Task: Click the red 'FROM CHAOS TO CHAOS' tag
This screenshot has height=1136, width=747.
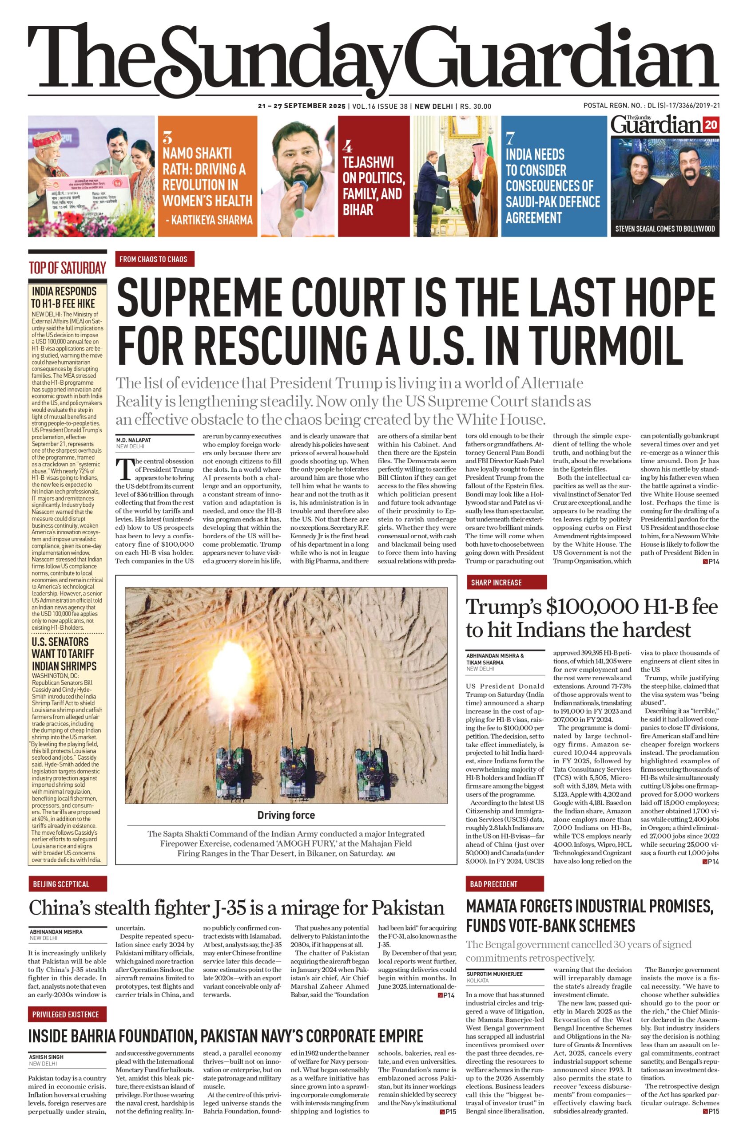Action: (x=154, y=259)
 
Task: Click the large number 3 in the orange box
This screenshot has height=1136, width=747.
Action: (x=167, y=138)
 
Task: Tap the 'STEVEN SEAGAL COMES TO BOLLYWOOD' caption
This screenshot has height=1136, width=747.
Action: (x=664, y=229)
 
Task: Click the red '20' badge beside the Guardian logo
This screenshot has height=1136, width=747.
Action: (x=710, y=126)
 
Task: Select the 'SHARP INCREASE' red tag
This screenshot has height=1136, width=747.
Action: (x=496, y=583)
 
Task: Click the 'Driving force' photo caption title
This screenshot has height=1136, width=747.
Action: (x=286, y=815)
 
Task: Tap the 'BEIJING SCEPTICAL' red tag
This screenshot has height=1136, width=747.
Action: (x=61, y=884)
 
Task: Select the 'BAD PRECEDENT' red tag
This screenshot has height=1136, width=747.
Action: (x=493, y=884)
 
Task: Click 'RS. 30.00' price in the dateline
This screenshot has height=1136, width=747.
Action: (x=475, y=106)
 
